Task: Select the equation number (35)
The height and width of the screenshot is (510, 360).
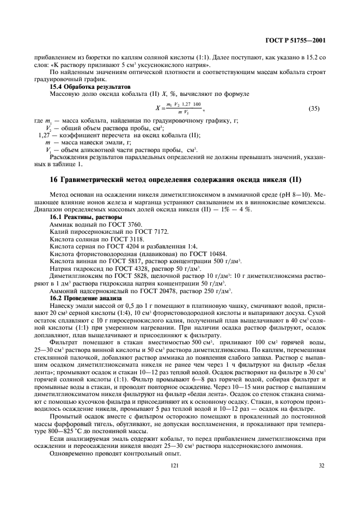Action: pyautogui.click(x=314, y=109)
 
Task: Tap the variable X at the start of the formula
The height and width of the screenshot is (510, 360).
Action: pyautogui.click(x=157, y=108)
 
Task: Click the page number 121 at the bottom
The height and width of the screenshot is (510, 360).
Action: pyautogui.click(x=174, y=466)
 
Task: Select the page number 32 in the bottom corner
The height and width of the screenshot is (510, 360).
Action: pyautogui.click(x=321, y=466)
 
